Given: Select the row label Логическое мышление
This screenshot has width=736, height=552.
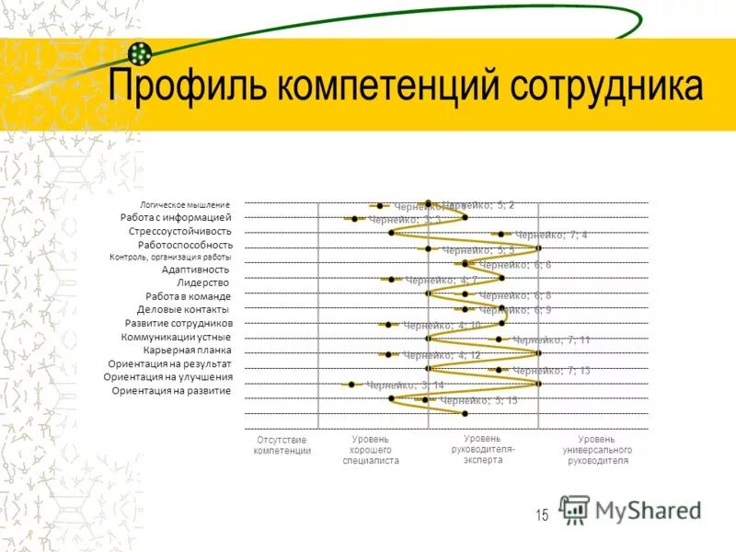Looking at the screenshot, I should tap(184, 204).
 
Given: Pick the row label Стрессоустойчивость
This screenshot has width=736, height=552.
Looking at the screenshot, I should tap(180, 231).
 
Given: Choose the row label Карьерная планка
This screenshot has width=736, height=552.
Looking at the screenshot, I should tap(187, 351).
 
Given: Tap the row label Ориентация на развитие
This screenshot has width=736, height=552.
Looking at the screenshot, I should tap(171, 391).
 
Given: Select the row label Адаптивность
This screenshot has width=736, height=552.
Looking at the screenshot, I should tap(195, 270).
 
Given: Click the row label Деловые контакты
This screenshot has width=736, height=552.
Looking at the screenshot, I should tap(183, 310).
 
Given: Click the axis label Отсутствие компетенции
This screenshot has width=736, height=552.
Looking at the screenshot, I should tap(282, 445).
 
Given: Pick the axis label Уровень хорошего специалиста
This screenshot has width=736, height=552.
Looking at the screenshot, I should tap(371, 450).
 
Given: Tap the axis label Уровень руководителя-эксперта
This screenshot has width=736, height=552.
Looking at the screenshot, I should tap(483, 449).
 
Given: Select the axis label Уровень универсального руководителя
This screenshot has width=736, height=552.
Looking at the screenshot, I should tap(597, 450).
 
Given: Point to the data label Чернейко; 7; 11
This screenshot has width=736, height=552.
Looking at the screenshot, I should tap(551, 340).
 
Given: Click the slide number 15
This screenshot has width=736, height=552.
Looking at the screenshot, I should tap(542, 516).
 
